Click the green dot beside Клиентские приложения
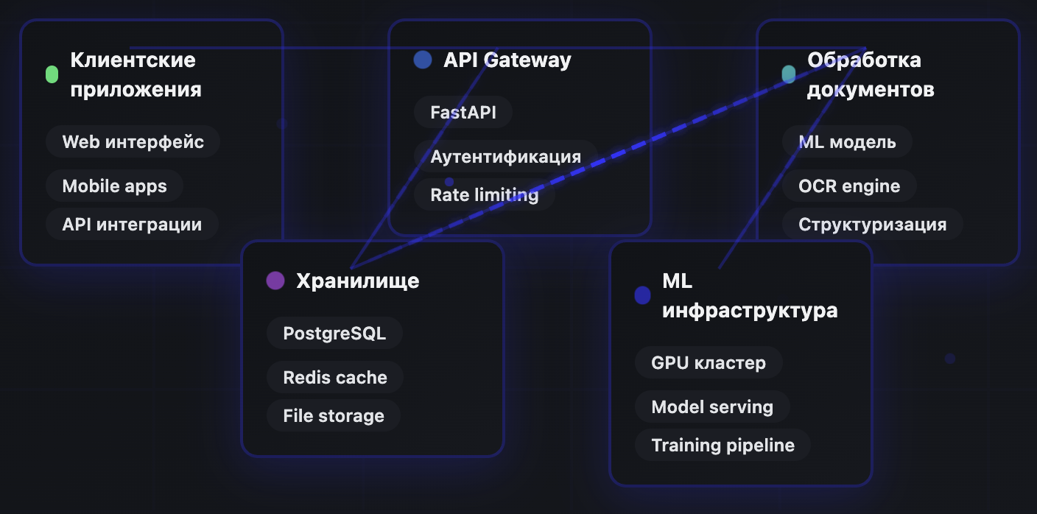point(52,74)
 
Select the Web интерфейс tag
point(133,141)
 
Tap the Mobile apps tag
point(114,186)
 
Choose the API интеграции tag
point(132,225)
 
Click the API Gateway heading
point(507,60)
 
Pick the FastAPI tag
point(463,113)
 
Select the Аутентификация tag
point(505,156)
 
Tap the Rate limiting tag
point(484,195)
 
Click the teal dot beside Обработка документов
point(788,74)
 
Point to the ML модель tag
point(847,141)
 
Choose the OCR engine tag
point(848,186)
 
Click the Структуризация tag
point(872,225)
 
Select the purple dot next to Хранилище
point(275,281)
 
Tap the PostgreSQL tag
point(334,333)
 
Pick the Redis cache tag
point(334,377)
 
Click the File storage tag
point(333,416)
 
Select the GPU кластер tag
point(708,362)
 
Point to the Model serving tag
point(711,406)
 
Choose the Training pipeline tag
point(723,446)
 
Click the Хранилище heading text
point(357,281)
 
